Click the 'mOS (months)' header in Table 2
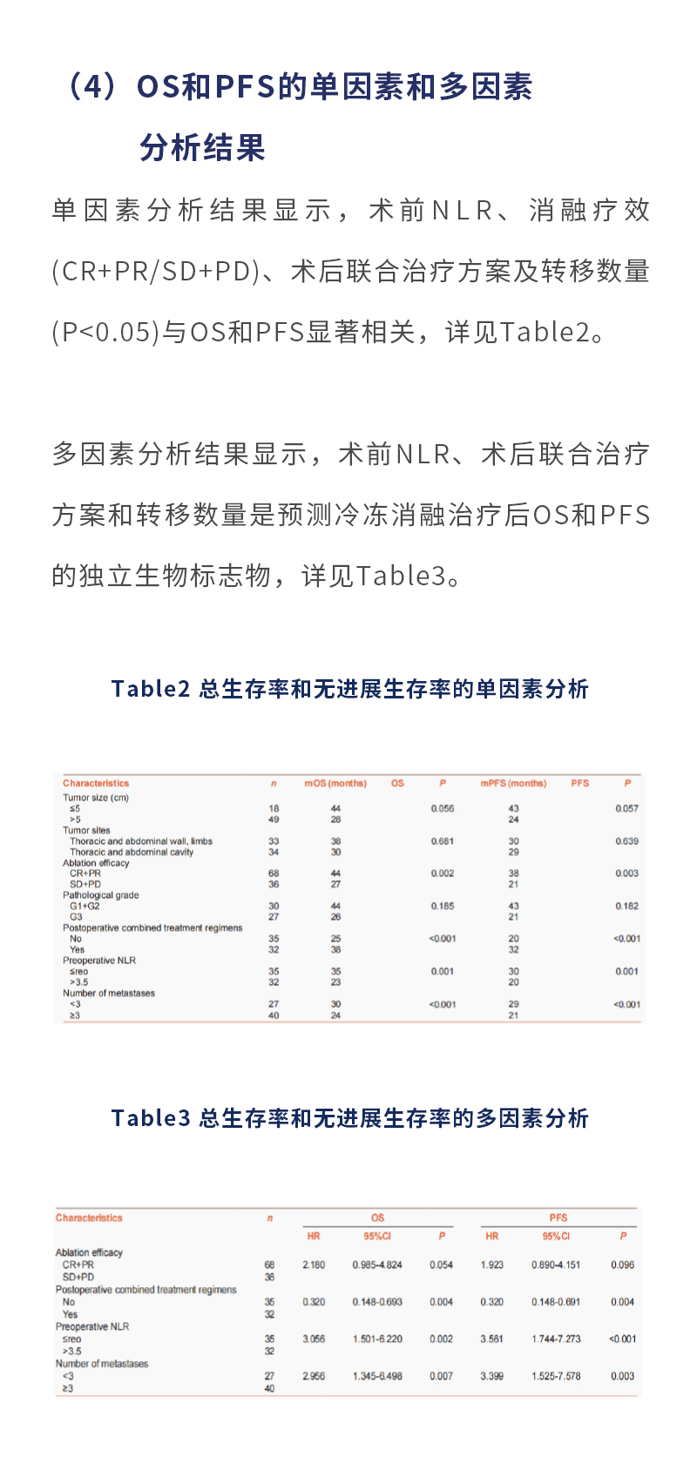pos(335,784)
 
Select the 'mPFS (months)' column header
pos(513,784)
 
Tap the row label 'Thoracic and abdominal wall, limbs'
pos(141,841)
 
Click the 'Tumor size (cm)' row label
pos(96,798)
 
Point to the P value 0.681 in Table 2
pos(443,841)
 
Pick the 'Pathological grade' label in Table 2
pos(101,895)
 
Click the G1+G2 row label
pos(85,907)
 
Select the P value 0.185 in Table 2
pos(443,907)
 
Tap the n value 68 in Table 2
pos(274,874)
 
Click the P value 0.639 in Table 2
pos(626,841)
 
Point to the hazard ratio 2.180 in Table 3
pos(314,1265)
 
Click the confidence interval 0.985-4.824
pos(377,1265)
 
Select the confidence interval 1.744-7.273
pos(556,1339)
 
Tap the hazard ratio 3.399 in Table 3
pos(491,1376)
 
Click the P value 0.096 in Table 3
pos(622,1265)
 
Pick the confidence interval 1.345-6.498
pos(377,1376)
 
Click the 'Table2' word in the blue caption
pos(150,689)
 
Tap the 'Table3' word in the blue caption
pos(150,1118)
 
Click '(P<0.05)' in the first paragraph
pos(106,333)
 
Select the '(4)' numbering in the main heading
pos(91,87)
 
